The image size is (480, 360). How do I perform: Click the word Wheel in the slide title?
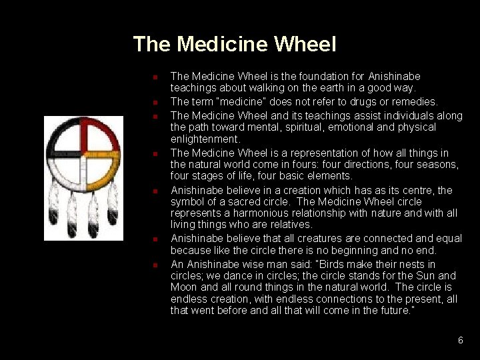pos(305,45)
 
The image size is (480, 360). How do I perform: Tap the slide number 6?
pos(460,340)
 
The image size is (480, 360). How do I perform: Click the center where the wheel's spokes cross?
pos(83,155)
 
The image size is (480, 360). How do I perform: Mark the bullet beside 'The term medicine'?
pos(153,103)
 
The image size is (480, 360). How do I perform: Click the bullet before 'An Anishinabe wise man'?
pos(153,265)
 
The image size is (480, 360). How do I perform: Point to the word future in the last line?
pos(393,310)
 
